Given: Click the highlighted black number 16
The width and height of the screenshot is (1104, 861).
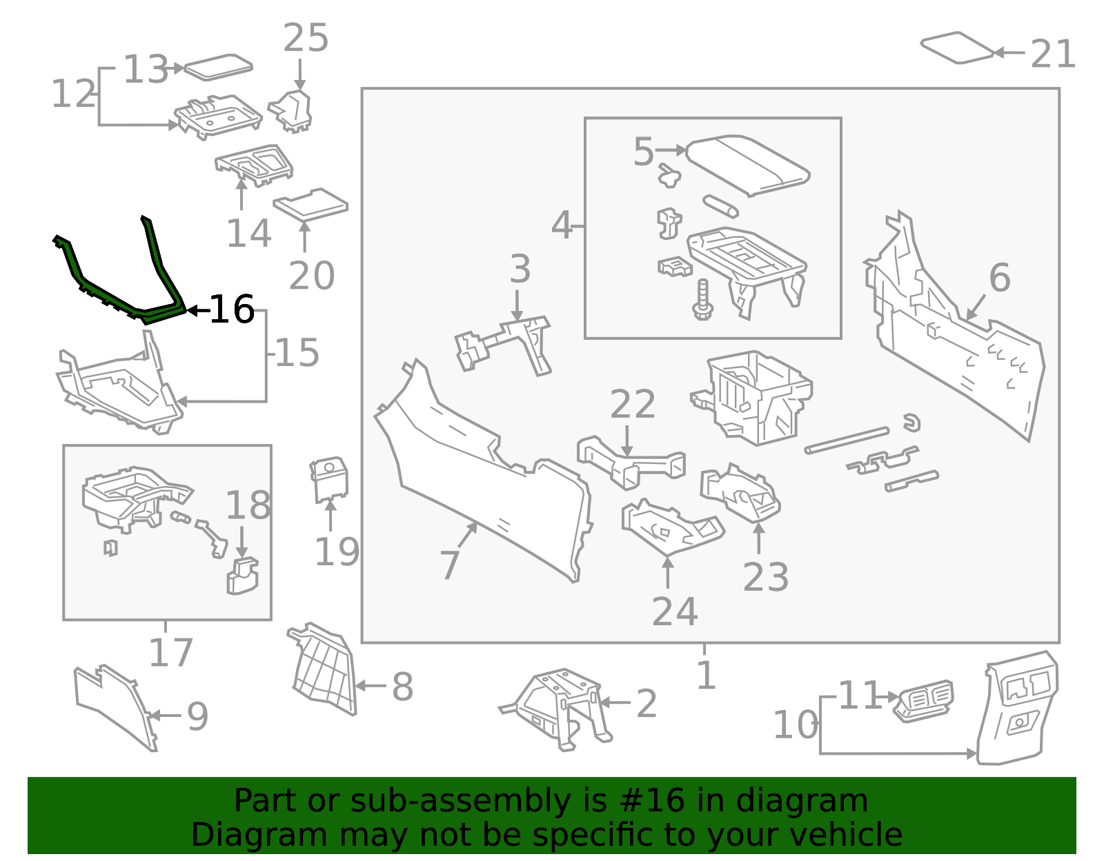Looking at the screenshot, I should pos(232,310).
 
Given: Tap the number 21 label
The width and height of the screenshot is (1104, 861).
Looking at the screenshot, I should pos(1053,54).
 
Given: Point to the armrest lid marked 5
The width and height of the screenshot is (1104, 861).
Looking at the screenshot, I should pos(749,164).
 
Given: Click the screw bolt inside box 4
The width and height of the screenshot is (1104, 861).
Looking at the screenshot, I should pos(702,301).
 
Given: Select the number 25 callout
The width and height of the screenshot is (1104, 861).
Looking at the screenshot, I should pos(306,38).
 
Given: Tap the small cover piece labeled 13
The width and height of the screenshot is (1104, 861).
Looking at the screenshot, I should pos(218,67).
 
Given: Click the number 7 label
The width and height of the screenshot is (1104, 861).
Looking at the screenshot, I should pos(449,565).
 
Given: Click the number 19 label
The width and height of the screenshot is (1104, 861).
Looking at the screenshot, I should pos(337,551).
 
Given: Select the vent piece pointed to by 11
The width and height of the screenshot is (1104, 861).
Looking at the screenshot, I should pos(925,701).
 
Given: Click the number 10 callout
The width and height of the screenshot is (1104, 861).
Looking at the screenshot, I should pos(795,725).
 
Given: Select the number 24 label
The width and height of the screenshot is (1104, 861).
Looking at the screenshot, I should pos(674,611).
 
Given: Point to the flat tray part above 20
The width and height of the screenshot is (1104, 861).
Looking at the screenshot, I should pos(311,205).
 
